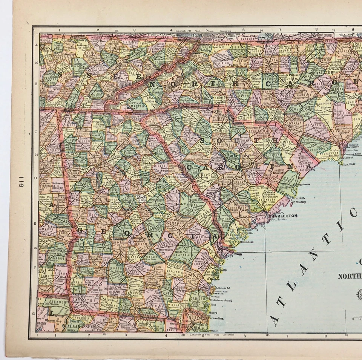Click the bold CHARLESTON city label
coord(282,216)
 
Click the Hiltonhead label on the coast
coord(245,242)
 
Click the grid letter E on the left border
coord(36,223)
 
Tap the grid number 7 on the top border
coord(280,29)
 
